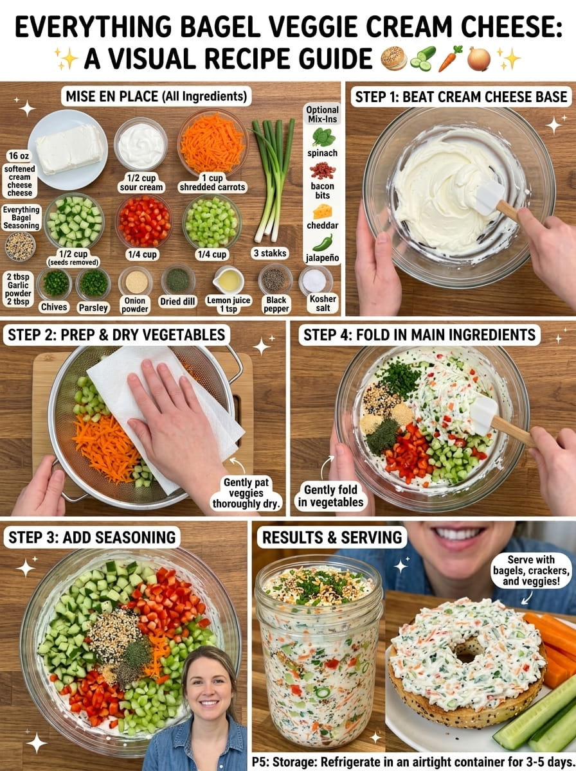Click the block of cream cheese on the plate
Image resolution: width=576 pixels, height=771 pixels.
(x=70, y=149)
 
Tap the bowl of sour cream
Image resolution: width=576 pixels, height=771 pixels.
(x=141, y=144)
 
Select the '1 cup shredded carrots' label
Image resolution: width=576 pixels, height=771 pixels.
(x=212, y=182)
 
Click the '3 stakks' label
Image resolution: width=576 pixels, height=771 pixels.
(x=270, y=253)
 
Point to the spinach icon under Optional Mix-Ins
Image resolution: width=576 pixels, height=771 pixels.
(x=322, y=137)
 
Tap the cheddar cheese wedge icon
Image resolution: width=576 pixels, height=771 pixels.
(x=322, y=212)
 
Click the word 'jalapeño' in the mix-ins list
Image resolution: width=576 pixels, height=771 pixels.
(x=322, y=258)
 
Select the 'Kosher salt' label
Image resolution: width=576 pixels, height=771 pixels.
(x=323, y=303)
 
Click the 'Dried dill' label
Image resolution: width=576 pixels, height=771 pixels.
(x=177, y=301)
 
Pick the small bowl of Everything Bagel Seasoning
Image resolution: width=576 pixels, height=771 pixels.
(x=21, y=246)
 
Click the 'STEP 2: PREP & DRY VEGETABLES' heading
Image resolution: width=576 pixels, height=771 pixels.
(x=116, y=335)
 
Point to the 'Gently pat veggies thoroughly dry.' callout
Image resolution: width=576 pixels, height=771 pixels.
(x=246, y=493)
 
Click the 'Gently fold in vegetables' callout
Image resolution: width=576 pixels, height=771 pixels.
(x=330, y=495)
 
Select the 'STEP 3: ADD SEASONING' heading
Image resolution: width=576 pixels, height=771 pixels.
(x=92, y=537)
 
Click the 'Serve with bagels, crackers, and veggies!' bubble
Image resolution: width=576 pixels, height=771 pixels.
(x=530, y=571)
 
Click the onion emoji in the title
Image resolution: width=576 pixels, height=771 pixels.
(x=479, y=58)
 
